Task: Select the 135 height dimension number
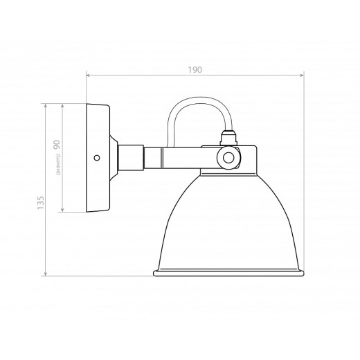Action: (x=41, y=202)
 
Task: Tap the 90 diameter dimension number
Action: (x=57, y=146)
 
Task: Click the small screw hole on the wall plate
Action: (x=96, y=157)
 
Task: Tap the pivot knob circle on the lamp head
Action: (x=226, y=159)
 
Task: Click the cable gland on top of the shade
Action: (x=228, y=135)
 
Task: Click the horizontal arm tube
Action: (x=173, y=157)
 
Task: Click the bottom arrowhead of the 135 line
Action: (x=46, y=273)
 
